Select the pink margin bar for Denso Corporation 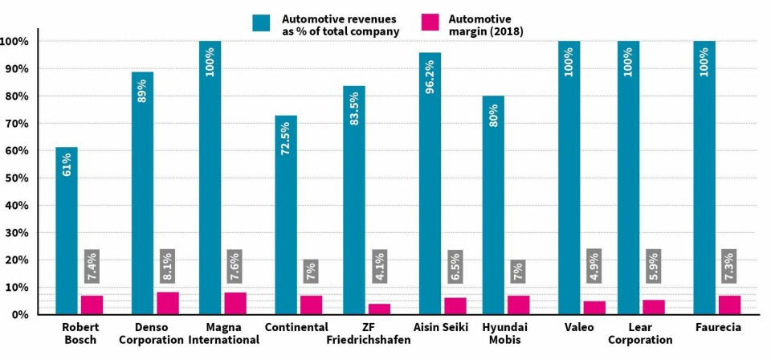point(168,303)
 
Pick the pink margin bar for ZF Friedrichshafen point(379,309)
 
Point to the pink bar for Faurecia point(729,305)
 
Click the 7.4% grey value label point(92,266)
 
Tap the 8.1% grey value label point(168,266)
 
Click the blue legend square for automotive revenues point(261,22)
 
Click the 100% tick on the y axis point(16,41)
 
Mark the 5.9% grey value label point(654,266)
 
